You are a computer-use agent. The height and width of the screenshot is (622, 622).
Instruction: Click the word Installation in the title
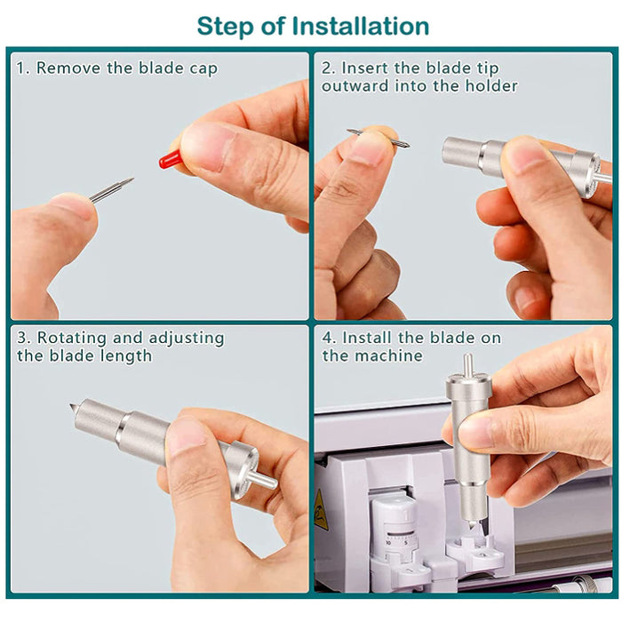tap(360, 26)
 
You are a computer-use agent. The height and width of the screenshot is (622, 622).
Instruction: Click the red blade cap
tap(171, 159)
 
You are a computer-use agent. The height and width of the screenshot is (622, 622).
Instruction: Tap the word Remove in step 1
tap(68, 68)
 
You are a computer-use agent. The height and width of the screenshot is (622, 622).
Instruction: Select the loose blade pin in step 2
tap(379, 139)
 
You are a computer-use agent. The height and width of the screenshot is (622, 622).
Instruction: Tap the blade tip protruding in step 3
tap(74, 408)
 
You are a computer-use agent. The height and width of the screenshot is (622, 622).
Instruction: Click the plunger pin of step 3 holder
tap(263, 479)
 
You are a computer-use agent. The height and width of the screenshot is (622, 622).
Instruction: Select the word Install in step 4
tap(366, 338)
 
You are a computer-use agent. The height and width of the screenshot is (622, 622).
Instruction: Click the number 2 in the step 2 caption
tap(327, 68)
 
